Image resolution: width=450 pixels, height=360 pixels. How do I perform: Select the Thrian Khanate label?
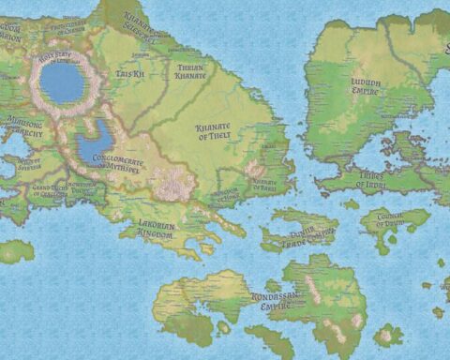190,70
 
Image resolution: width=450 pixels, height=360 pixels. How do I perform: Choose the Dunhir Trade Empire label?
302,230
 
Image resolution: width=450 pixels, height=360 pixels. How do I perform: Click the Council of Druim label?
407,221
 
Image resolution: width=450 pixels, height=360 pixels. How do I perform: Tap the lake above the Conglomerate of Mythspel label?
94,146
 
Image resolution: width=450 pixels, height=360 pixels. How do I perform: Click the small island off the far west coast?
16,250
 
